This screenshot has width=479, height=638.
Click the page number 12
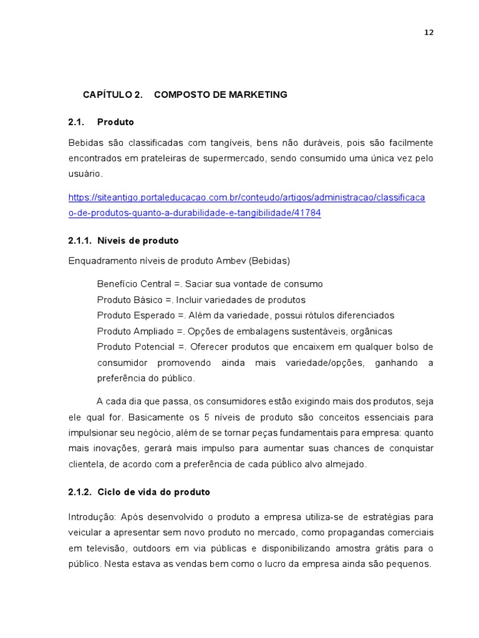[x=428, y=33]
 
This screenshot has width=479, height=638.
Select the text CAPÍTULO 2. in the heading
[x=113, y=95]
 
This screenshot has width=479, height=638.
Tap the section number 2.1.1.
[x=80, y=240]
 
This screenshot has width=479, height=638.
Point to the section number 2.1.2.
[x=80, y=492]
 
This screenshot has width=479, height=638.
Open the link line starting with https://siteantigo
[x=246, y=198]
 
